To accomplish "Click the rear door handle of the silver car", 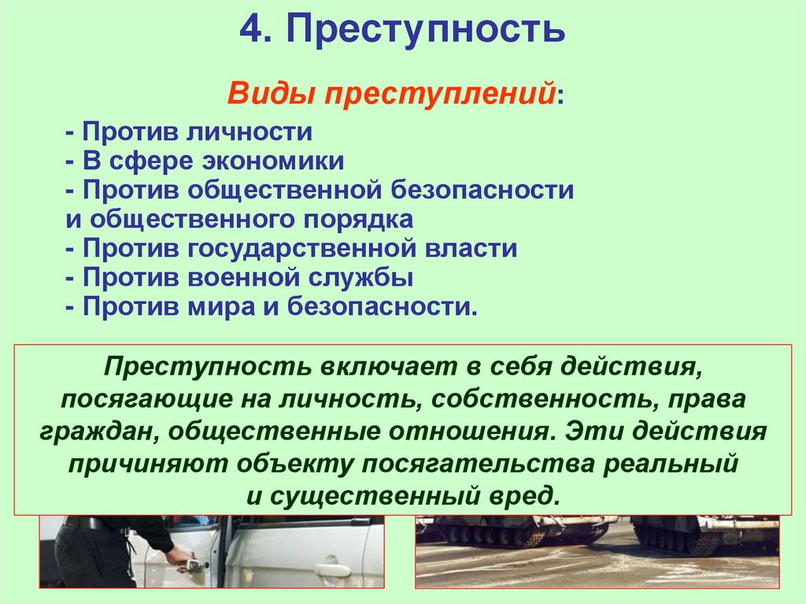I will coord(333,569).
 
